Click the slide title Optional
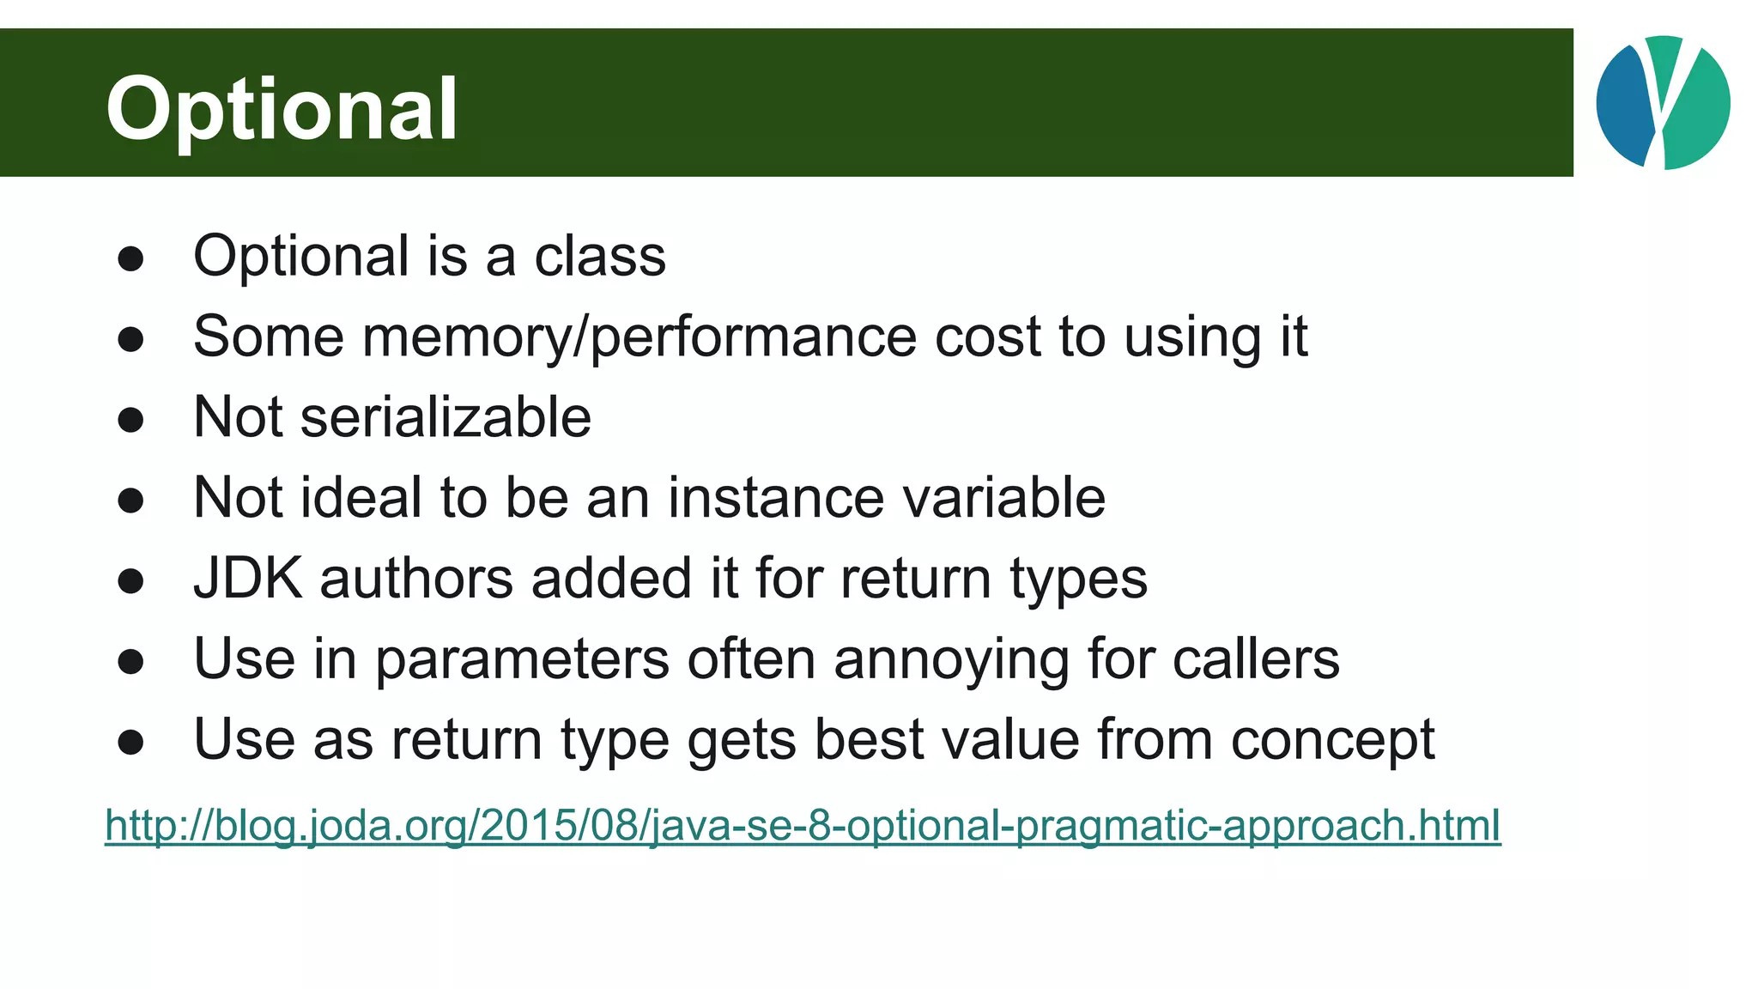[x=282, y=109]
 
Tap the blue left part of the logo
[x=1623, y=103]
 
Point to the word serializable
[x=446, y=417]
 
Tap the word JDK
[x=247, y=578]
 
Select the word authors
[x=416, y=578]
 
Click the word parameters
[x=522, y=659]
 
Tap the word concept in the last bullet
[x=1332, y=740]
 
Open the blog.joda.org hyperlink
[x=803, y=825]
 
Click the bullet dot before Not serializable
[x=130, y=420]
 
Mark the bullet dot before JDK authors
[x=130, y=581]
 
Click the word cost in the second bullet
[x=987, y=337]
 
